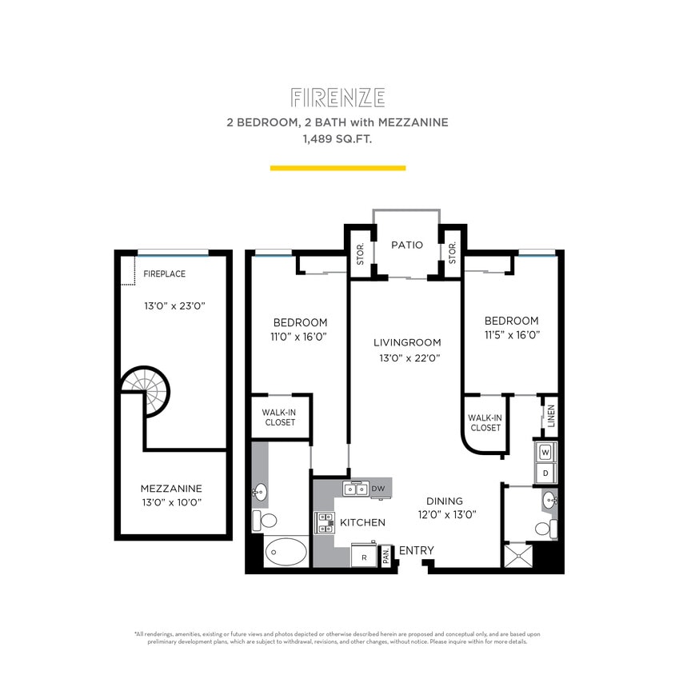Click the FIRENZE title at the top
point(337,98)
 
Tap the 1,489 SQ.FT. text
point(337,138)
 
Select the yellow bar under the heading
point(337,168)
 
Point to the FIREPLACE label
point(164,274)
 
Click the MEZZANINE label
point(171,488)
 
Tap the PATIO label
point(406,245)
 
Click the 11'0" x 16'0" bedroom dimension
point(300,337)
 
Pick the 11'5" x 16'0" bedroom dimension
point(511,335)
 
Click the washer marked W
point(546,453)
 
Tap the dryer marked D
point(546,473)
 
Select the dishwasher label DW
point(377,488)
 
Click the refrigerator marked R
point(364,556)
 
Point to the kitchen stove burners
point(326,523)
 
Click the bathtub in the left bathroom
point(285,552)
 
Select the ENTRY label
point(416,550)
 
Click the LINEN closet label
point(551,417)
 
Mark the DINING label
point(444,501)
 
